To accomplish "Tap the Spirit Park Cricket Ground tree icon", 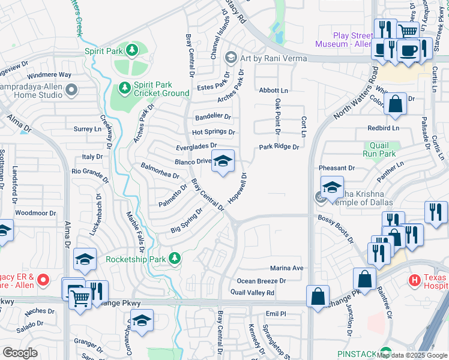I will (125, 88).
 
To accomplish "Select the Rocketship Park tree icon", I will (175, 259).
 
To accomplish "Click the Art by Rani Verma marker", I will (229, 58).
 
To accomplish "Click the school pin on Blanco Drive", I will (222, 161).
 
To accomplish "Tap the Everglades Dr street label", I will (196, 146).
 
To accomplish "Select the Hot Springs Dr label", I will (213, 132).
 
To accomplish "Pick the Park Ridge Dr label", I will (279, 147).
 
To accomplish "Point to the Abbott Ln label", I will (274, 90).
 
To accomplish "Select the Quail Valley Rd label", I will (252, 293).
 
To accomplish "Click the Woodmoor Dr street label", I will (35, 213).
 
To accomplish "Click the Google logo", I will (20, 353).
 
